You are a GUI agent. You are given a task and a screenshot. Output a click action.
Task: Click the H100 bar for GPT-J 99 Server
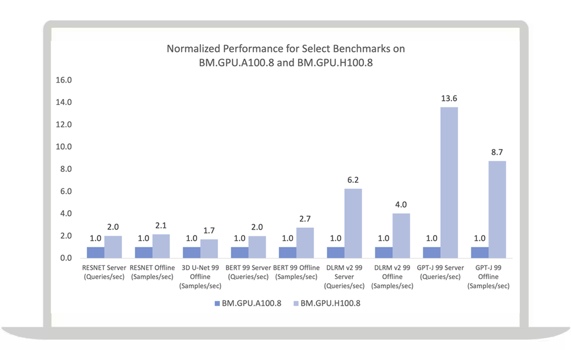pyautogui.click(x=449, y=182)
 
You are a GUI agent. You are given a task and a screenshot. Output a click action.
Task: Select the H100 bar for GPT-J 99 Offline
pyautogui.click(x=497, y=209)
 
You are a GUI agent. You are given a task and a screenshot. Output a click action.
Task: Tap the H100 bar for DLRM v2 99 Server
pyautogui.click(x=353, y=223)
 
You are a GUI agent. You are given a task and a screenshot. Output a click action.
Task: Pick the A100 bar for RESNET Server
pyautogui.click(x=95, y=253)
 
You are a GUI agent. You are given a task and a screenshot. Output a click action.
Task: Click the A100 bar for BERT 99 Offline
pyautogui.click(x=287, y=253)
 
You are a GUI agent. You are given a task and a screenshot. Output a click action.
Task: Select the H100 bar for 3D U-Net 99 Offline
pyautogui.click(x=209, y=249)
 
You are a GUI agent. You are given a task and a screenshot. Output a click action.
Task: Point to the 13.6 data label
pyautogui.click(x=449, y=98)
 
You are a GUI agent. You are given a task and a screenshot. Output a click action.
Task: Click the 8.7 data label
pyautogui.click(x=497, y=152)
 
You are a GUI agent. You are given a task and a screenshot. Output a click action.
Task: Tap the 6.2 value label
pyautogui.click(x=353, y=180)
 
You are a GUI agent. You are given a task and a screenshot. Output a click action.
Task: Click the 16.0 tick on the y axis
pyautogui.click(x=65, y=80)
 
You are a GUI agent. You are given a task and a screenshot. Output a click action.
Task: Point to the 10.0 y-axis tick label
pyautogui.click(x=65, y=147)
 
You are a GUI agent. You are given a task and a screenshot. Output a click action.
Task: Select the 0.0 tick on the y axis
pyautogui.click(x=65, y=258)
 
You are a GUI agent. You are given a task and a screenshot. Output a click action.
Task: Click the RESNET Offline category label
pyautogui.click(x=153, y=272)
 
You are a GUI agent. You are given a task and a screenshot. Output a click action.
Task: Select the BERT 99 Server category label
pyautogui.click(x=249, y=272)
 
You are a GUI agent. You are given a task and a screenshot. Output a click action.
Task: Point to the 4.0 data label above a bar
pyautogui.click(x=401, y=204)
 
